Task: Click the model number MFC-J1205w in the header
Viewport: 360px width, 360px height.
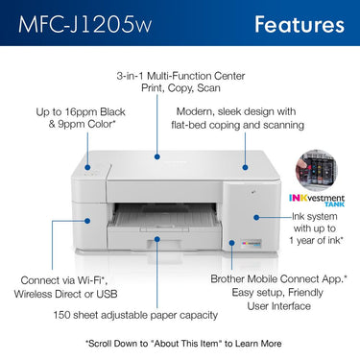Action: (x=79, y=23)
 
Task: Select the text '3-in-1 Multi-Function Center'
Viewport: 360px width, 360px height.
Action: (x=180, y=75)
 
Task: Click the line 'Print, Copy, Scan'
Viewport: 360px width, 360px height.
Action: (x=180, y=89)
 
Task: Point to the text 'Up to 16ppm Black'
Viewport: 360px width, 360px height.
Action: (x=80, y=112)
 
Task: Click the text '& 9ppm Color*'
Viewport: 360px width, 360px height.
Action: (x=80, y=127)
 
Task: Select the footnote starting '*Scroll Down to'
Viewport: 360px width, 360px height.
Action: (x=180, y=343)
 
